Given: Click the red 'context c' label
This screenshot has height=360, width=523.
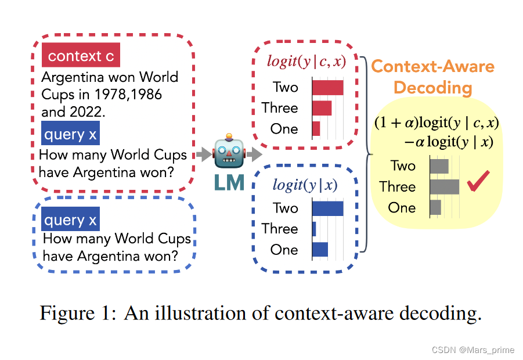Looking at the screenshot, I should point(81,56).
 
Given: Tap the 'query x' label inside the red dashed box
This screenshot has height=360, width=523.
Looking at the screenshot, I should point(70,135).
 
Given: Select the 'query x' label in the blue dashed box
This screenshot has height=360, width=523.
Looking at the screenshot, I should point(70,220).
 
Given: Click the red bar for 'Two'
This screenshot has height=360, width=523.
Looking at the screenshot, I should point(327,87).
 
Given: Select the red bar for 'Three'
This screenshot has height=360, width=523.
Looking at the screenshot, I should point(322,108).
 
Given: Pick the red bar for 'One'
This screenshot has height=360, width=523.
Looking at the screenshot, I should point(316,129).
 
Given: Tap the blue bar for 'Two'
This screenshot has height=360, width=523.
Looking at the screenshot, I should point(327,208).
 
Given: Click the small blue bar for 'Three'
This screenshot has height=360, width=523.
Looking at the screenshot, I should point(314,229).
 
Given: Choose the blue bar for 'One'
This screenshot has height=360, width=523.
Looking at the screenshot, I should point(320,250).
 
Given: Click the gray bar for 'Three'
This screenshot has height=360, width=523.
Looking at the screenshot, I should point(444,186).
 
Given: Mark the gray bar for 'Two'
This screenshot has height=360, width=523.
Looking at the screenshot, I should point(439,166).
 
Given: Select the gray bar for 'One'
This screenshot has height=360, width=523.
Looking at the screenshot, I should point(435,207).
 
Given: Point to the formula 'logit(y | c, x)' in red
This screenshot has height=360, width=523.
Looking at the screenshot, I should point(306,62).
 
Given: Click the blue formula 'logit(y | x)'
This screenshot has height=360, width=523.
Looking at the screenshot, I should point(305,185).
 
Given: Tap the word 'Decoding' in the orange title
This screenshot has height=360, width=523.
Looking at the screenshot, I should point(432,88).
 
